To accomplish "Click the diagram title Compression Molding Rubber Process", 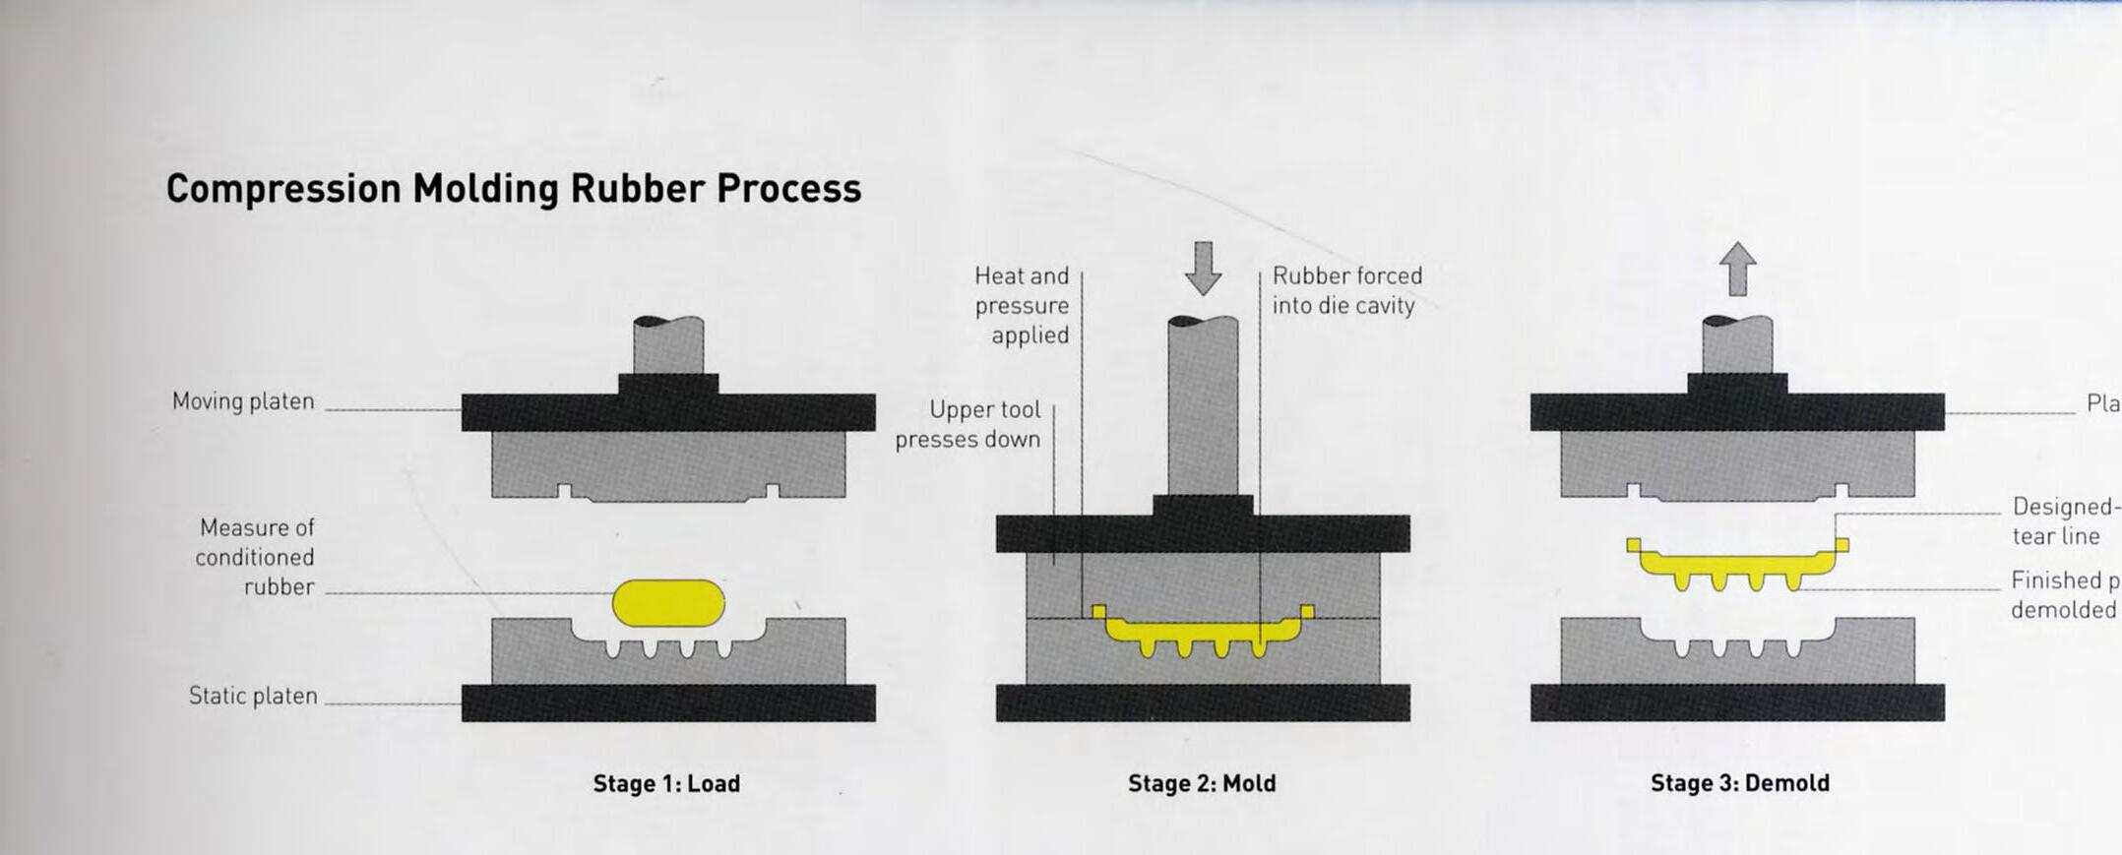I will coord(513,188).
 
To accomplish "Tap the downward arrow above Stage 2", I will coord(1203,268).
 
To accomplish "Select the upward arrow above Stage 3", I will coord(1737,268).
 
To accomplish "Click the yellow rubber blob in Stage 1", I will coord(668,603).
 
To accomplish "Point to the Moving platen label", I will coord(243,401).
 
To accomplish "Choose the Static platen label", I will coord(253,697).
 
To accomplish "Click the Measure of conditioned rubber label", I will coord(256,557).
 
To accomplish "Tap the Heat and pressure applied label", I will coord(1022,305).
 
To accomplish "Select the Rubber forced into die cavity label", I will coord(1346,290).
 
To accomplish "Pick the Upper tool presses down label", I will coord(968,424).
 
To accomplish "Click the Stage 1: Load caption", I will coord(666,783).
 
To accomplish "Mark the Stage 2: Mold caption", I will coord(1202,783).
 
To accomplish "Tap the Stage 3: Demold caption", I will coord(1739,783).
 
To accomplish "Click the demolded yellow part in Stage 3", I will coord(1737,564).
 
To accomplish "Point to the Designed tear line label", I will coord(2062,521).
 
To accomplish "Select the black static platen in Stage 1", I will coord(668,702).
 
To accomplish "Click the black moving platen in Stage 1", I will coord(668,412).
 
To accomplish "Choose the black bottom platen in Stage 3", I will coord(1737,702).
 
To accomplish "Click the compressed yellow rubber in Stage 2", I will coord(1203,631).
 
